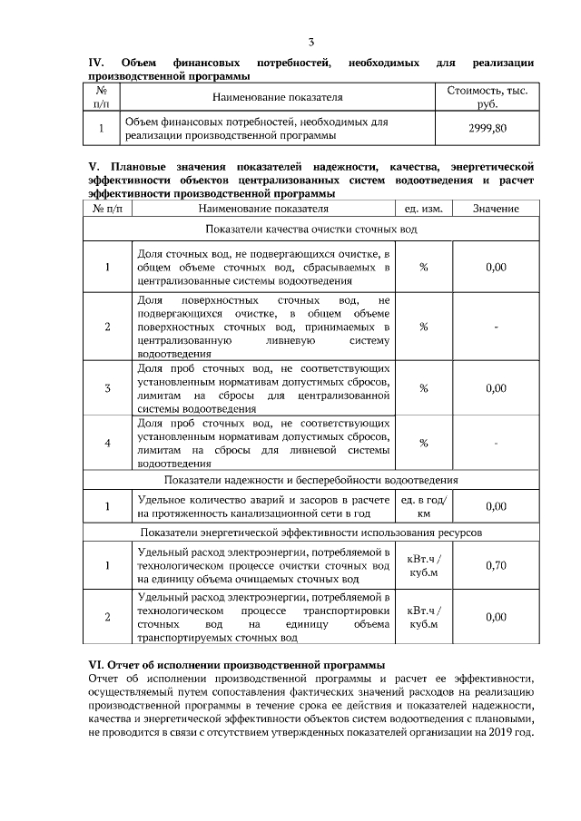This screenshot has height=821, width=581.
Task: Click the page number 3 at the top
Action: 311,43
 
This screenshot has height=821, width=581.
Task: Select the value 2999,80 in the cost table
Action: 487,128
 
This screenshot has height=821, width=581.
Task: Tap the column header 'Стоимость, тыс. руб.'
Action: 487,98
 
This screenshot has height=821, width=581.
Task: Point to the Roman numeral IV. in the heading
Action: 96,63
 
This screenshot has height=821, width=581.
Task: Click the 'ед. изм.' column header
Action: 423,209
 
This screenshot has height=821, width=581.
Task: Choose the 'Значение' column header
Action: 496,209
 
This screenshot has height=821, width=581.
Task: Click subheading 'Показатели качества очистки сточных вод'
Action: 310,230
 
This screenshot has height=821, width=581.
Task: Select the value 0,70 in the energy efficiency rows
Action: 496,565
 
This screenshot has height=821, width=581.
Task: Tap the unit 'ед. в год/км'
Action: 423,505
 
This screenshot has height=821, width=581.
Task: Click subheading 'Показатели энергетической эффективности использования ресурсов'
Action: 310,531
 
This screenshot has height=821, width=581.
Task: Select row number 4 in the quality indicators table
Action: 107,443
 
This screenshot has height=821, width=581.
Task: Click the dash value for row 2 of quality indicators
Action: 496,327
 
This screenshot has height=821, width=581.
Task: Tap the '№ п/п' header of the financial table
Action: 102,98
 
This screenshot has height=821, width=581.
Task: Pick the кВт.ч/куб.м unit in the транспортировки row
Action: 423,617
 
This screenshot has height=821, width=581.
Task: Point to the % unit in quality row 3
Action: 423,388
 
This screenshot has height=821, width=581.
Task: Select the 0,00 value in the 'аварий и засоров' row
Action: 496,505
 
